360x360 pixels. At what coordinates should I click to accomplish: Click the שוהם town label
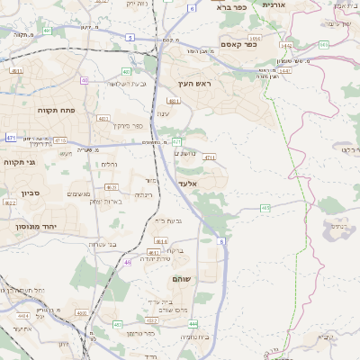(x=183, y=279)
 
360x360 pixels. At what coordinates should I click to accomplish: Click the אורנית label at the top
(x=274, y=4)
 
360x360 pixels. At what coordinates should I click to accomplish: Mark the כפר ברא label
(x=233, y=6)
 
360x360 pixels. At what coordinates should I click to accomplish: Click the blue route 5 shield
(x=130, y=38)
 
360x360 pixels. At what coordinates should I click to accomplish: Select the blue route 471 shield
(x=11, y=137)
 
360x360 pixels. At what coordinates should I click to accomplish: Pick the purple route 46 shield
(x=128, y=262)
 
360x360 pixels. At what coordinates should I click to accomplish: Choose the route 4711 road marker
(x=210, y=157)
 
